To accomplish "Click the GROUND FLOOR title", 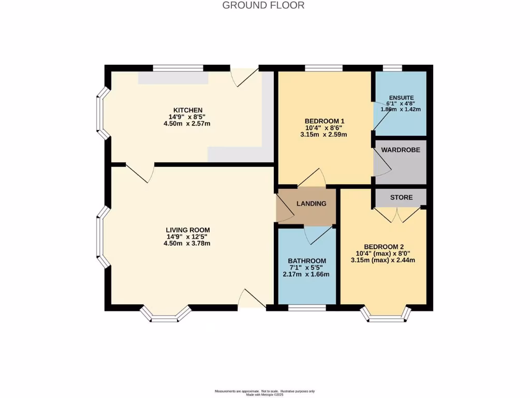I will [x=263, y=6].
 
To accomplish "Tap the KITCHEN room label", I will [x=187, y=110].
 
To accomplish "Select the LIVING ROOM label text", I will [x=187, y=230].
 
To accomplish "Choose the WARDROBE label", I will [x=400, y=150].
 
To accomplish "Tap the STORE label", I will [x=401, y=197].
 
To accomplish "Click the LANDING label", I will [x=311, y=204].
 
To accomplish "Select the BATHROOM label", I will [x=307, y=261].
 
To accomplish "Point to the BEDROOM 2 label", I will [x=383, y=247].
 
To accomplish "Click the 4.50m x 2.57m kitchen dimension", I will [x=187, y=123].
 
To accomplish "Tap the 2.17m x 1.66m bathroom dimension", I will [x=306, y=274].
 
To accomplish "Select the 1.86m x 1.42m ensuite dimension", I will [x=400, y=109].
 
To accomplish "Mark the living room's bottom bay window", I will [x=166, y=315].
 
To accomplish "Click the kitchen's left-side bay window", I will [x=104, y=113].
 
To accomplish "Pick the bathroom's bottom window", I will [x=306, y=308].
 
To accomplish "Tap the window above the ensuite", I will [x=392, y=68].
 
